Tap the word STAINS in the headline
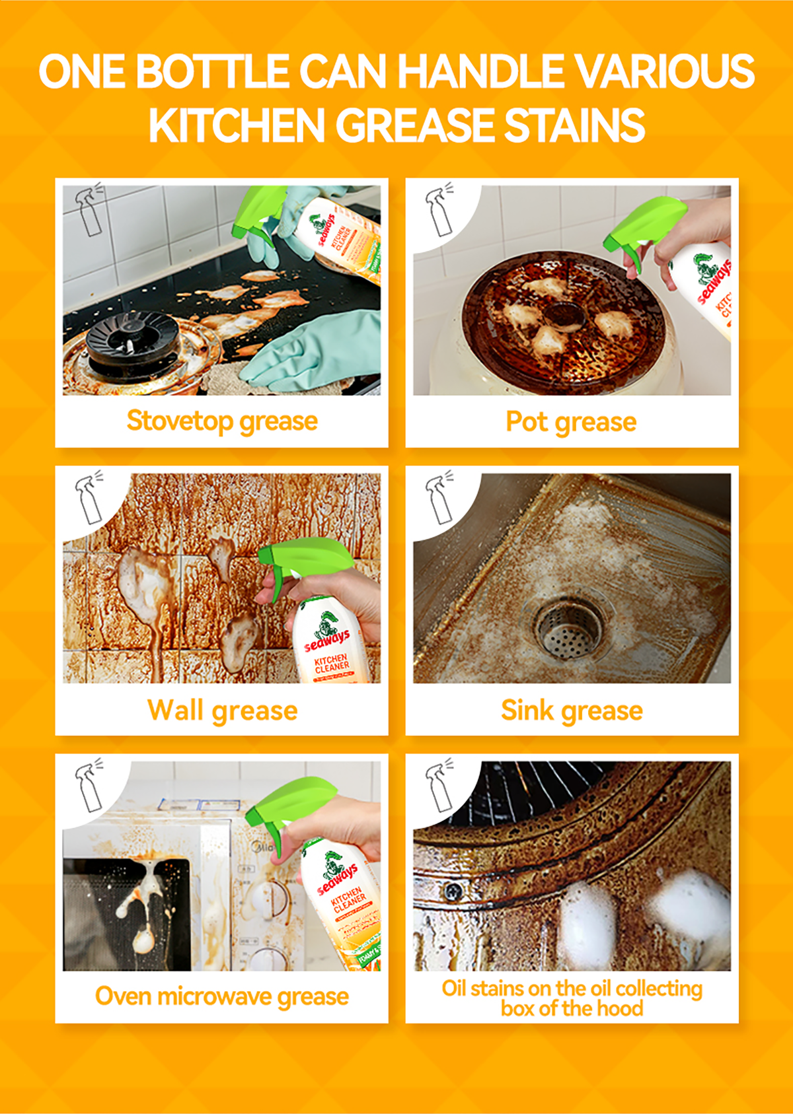[574, 125]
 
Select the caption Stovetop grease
[222, 421]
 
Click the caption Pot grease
[571, 421]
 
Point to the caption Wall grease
[222, 711]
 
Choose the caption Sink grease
[571, 711]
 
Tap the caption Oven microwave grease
[222, 996]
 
